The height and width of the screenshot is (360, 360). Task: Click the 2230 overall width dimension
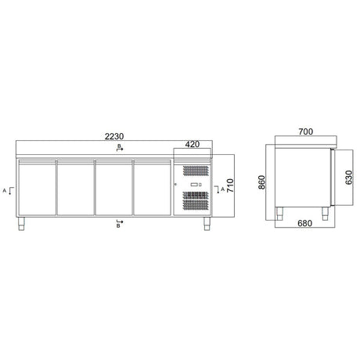[114, 136]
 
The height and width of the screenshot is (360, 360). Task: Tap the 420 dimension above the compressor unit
[193, 144]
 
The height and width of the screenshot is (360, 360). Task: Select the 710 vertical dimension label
[230, 185]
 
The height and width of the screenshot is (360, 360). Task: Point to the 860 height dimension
[261, 182]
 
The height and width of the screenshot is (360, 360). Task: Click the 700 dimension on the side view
[306, 131]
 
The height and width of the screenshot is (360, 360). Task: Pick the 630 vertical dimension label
[349, 178]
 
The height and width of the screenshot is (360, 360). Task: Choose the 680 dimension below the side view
[304, 223]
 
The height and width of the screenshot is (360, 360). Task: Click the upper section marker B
[120, 147]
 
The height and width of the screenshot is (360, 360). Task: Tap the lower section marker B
[120, 224]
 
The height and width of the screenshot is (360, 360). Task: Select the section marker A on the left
[9, 191]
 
